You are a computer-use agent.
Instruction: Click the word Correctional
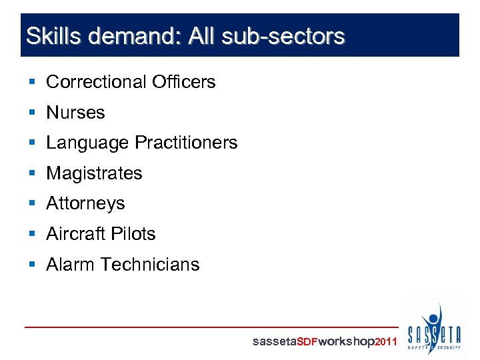[x=96, y=82]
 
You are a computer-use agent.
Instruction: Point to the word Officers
[x=183, y=82]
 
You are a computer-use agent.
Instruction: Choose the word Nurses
[x=75, y=113]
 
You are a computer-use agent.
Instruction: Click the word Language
[x=87, y=143]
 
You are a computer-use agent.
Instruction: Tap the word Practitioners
[x=186, y=143]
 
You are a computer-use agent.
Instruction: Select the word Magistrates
[x=94, y=173]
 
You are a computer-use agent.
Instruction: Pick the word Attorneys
[x=85, y=203]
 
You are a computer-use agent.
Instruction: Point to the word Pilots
[x=134, y=234]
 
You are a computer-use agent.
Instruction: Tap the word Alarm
[x=71, y=265]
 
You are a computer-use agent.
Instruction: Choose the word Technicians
[x=150, y=265]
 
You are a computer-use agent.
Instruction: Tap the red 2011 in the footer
[x=387, y=342]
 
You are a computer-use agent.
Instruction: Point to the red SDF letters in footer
[x=307, y=342]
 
